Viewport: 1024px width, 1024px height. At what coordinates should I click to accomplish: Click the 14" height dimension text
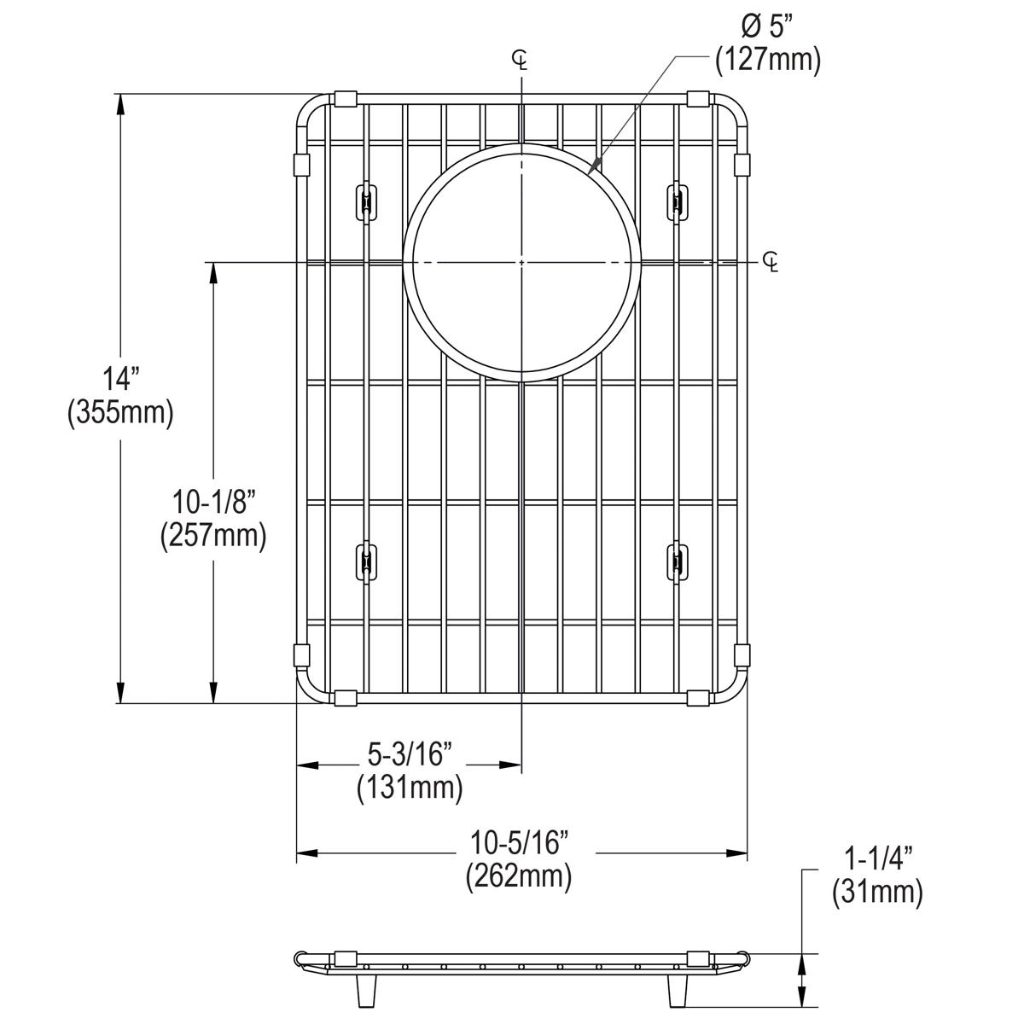click(120, 376)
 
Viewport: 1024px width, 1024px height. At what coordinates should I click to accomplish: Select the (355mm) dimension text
click(120, 413)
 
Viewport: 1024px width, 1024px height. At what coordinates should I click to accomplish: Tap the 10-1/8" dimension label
click(213, 500)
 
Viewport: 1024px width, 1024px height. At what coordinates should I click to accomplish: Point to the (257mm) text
click(213, 536)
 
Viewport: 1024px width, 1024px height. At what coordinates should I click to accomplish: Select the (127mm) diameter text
click(768, 60)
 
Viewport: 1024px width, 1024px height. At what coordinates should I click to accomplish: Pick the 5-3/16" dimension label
click(410, 753)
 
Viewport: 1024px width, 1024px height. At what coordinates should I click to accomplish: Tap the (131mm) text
click(410, 788)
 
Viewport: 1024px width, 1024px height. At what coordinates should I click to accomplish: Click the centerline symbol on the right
click(771, 261)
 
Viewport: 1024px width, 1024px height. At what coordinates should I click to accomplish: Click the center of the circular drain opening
click(521, 261)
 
